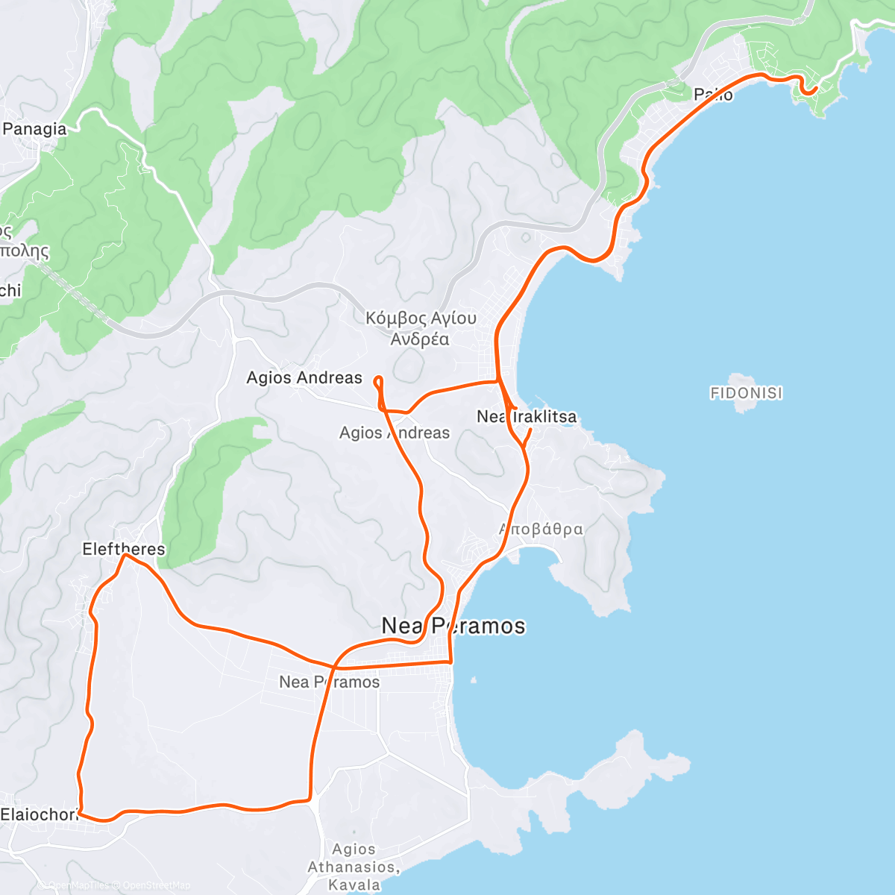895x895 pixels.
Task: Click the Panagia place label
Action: pos(34,129)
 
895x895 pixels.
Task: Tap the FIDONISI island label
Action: pos(747,393)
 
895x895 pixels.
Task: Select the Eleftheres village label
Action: pos(123,550)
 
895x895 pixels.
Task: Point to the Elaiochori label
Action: pos(39,814)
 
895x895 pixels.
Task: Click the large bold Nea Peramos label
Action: pos(453,626)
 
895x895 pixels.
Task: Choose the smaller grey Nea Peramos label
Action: pos(329,682)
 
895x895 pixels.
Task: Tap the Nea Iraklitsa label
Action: pos(527,417)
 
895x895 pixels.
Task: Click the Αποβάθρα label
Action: pos(541,530)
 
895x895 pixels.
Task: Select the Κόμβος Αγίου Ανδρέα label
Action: pos(421,329)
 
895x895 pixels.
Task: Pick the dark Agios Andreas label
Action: pos(304,378)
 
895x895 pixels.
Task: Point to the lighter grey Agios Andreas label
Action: pos(395,433)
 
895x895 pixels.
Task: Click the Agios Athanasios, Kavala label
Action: pos(354,867)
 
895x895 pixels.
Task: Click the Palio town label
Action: pos(713,95)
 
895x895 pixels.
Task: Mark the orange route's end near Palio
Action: pos(817,88)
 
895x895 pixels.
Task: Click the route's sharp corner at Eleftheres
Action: pos(124,555)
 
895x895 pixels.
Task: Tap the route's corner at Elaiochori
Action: pos(80,813)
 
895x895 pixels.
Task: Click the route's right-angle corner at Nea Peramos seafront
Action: pos(450,662)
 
